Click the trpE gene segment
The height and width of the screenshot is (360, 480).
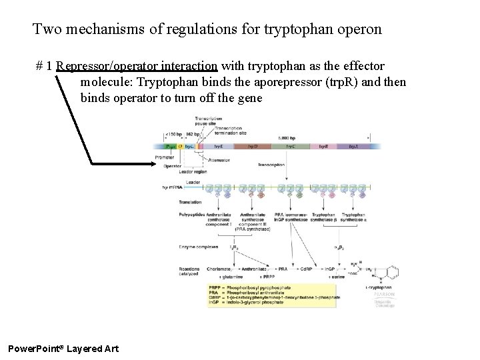[x=219, y=145]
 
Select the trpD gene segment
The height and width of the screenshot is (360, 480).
[x=253, y=145]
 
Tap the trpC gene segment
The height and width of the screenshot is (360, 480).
[x=291, y=145]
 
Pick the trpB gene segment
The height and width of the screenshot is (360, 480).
[x=324, y=145]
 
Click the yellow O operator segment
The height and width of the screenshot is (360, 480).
[x=180, y=145]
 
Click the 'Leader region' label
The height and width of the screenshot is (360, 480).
[x=193, y=171]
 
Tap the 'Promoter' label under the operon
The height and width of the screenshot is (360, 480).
[x=164, y=157]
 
